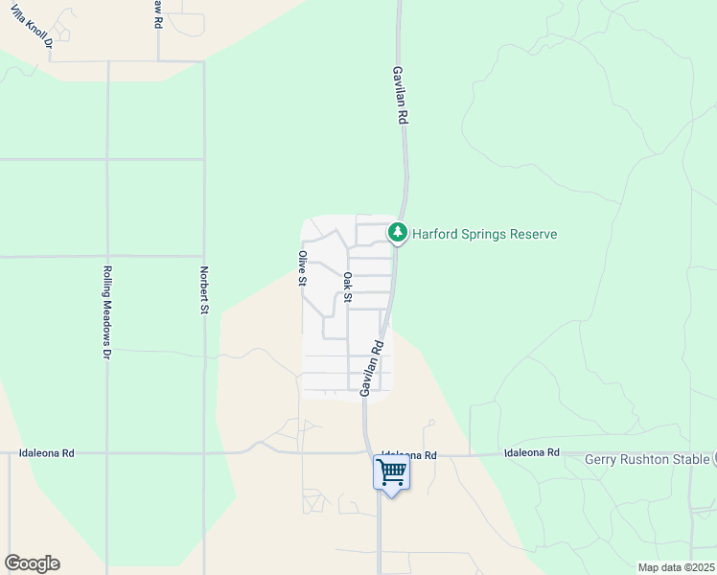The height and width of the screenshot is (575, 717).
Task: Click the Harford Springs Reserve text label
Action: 484,234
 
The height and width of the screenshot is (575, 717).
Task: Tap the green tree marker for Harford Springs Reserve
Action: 398,233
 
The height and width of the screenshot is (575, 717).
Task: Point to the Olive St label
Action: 302,268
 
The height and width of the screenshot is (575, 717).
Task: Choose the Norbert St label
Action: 204,290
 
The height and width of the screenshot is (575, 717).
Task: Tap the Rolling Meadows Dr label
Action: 107,310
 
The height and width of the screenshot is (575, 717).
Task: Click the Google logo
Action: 32,563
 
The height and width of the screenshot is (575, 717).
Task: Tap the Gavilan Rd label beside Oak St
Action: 372,367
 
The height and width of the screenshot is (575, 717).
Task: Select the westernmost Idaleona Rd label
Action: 47,452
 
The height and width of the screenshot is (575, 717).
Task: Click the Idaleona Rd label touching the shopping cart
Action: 409,455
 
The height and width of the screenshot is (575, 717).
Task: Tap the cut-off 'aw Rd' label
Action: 157,12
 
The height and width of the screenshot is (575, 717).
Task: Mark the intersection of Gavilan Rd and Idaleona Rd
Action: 367,453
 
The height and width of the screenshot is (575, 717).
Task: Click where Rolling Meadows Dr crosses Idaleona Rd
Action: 107,452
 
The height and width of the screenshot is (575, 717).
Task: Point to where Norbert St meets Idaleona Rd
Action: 204,452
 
